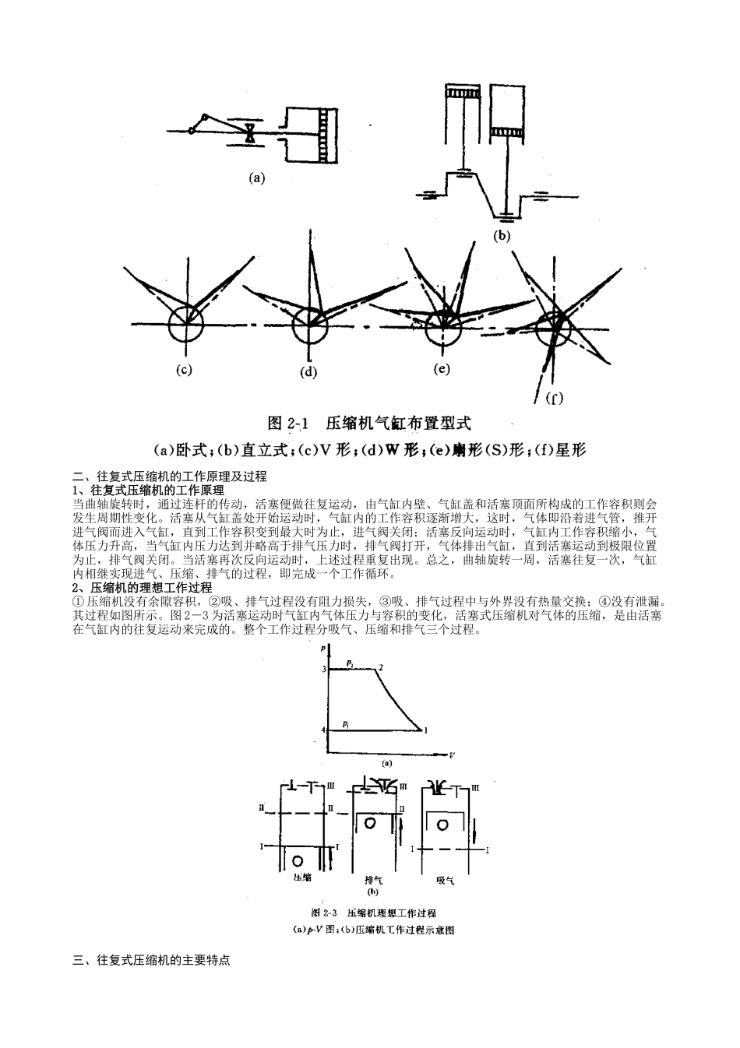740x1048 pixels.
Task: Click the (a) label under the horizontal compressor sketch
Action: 256,178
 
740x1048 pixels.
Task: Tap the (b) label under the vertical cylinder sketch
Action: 502,235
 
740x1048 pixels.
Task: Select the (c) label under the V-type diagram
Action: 184,369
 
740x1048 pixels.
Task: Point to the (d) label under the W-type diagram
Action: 308,371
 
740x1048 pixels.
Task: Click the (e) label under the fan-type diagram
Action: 442,368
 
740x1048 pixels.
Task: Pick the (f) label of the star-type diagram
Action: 554,399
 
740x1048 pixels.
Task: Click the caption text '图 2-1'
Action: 288,424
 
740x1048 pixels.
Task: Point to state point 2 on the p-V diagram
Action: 380,667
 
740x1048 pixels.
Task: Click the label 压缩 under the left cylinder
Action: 302,877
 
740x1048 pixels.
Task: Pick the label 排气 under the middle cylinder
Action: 373,880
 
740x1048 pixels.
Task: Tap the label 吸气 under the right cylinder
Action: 445,881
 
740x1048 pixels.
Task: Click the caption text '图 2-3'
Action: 322,913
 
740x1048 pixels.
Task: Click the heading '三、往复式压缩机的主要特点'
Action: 151,961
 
